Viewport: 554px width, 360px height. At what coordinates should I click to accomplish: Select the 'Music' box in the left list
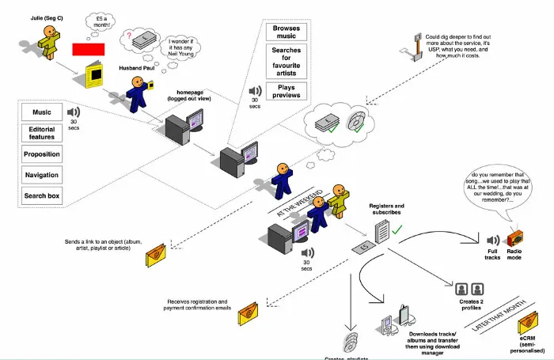[41, 112]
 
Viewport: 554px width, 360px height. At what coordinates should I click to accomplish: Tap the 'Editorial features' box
[41, 133]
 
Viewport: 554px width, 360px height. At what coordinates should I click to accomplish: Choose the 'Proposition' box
[41, 154]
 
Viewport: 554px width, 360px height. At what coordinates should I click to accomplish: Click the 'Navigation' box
[41, 175]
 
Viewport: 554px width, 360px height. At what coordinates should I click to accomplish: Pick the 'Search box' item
[41, 195]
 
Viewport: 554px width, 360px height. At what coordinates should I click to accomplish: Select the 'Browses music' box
[286, 32]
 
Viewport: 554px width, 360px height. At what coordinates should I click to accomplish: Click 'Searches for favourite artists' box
[286, 62]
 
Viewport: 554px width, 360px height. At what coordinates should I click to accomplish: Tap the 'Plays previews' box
[286, 89]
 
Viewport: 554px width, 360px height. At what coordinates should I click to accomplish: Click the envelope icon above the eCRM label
[528, 325]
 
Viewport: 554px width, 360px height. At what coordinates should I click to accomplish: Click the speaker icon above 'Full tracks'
[492, 241]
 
